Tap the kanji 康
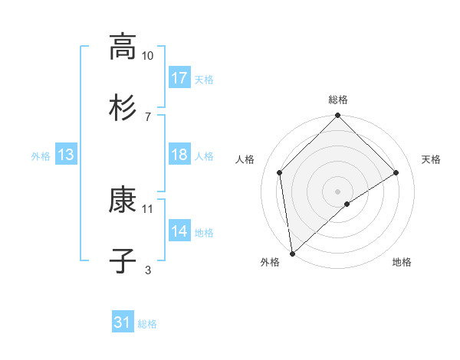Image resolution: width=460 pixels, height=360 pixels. (x=122, y=200)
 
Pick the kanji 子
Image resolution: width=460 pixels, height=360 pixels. (x=122, y=260)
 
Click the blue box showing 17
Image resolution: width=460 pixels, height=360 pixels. (x=179, y=78)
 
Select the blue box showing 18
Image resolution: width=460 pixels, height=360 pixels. (x=179, y=155)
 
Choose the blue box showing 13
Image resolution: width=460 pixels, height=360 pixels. (x=65, y=155)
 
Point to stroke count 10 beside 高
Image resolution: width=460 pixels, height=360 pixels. (x=147, y=56)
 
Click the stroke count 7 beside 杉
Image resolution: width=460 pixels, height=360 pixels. (x=148, y=116)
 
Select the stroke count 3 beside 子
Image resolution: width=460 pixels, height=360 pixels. (x=148, y=270)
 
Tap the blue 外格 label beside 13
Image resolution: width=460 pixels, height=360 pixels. (x=41, y=156)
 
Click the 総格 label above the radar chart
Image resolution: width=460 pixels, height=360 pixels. (x=338, y=100)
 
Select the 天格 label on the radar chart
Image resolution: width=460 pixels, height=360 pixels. (x=431, y=159)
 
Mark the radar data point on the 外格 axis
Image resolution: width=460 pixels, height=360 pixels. (x=292, y=253)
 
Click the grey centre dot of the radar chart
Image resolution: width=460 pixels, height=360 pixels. (x=338, y=190)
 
